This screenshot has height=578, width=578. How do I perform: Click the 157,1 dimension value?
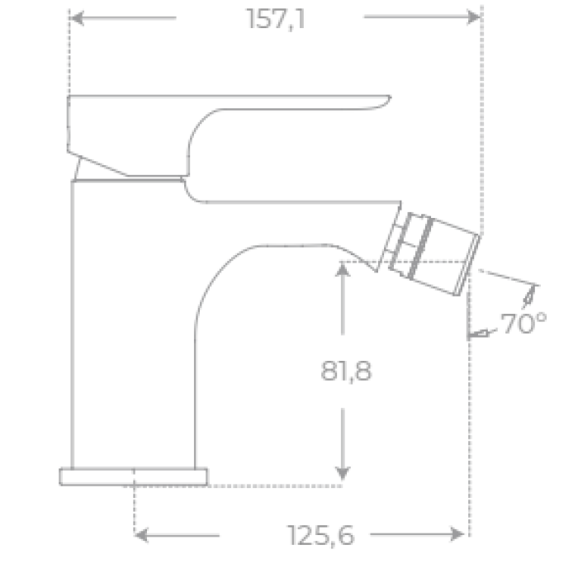click(x=276, y=18)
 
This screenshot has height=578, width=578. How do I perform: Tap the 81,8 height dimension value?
click(x=346, y=372)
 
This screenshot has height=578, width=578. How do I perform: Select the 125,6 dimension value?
click(x=321, y=536)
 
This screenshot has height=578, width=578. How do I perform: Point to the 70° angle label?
click(x=523, y=325)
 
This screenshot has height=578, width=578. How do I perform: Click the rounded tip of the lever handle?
click(x=381, y=101)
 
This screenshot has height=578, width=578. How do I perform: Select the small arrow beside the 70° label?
click(x=476, y=333)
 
